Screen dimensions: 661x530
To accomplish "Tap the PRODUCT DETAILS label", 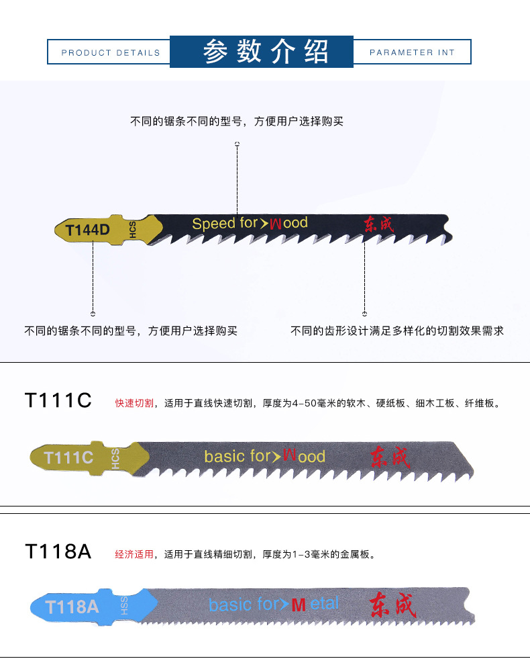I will coord(111,52).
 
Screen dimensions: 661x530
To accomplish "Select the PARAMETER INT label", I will coord(412,52).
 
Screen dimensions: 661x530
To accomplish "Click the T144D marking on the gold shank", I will coord(87,230).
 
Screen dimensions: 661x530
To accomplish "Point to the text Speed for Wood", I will coord(250,223).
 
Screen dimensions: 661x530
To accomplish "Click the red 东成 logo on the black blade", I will coord(380,224).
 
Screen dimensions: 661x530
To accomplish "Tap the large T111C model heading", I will coord(58,400).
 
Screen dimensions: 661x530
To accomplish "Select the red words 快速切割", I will coord(134,403).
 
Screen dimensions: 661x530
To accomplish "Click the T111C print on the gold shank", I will coord(68,457).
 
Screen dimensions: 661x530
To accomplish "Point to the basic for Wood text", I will coord(264,457).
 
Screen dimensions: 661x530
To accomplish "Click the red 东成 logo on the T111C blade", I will coord(389,457).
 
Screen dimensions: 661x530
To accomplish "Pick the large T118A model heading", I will coord(58,552).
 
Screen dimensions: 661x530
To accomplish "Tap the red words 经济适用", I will coord(134,555).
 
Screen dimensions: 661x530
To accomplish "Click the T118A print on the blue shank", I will coord(72,607).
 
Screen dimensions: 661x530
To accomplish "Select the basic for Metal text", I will coord(274,605).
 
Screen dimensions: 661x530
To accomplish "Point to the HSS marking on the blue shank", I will coord(124,605).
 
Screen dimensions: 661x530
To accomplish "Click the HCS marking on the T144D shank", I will coord(132,229).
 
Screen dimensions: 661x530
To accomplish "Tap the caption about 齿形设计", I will coord(396,330).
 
